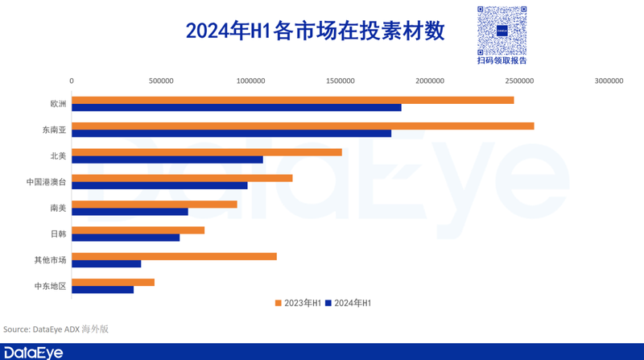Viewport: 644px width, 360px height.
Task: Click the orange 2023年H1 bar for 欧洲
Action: coord(292,100)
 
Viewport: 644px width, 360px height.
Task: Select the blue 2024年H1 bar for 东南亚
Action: coord(231,134)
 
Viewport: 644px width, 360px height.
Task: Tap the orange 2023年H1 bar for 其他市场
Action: coord(174,256)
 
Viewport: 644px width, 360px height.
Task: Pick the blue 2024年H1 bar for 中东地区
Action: coord(102,289)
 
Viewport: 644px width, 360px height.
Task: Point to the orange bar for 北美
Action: coord(206,151)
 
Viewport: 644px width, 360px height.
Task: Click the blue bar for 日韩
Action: coord(126,238)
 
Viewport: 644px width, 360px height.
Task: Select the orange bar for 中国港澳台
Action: coord(182,178)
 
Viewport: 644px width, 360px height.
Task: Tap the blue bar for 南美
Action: coord(130,211)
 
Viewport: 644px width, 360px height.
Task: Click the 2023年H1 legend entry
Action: coord(299,303)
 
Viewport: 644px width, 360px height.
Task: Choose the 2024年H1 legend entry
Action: coord(348,303)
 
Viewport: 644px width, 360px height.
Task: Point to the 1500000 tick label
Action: coord(340,81)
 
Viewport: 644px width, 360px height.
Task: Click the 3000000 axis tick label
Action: coord(609,81)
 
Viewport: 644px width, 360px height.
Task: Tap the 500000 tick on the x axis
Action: coord(161,81)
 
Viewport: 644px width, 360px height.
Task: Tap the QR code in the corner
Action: coord(502,29)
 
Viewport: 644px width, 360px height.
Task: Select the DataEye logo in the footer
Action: coord(33,353)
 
